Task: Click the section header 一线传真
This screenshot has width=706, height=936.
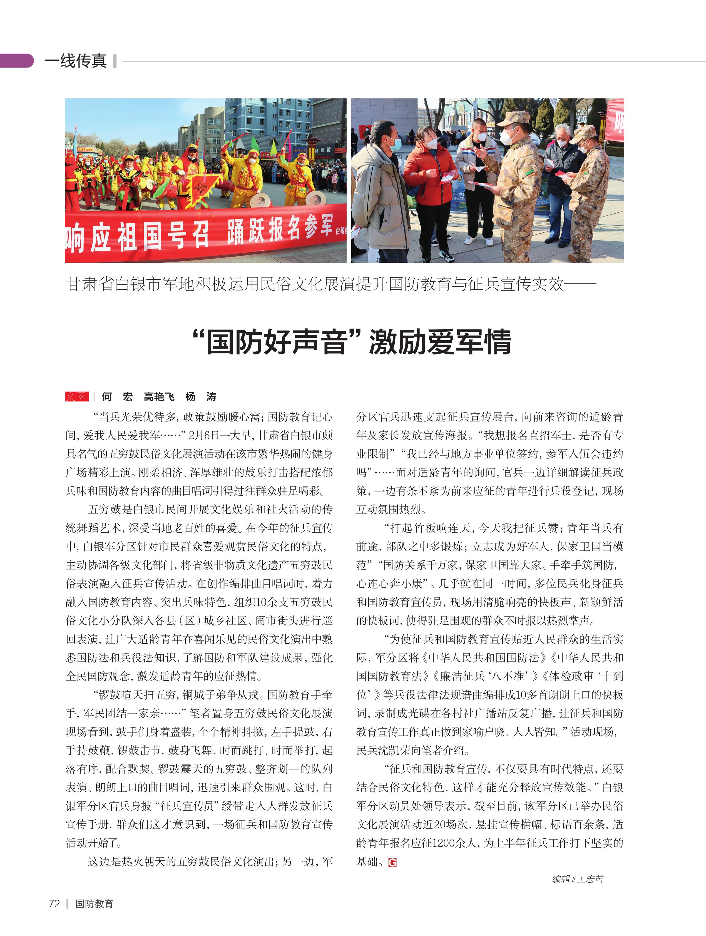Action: [x=75, y=61]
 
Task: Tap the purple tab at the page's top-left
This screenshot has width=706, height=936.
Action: [x=16, y=61]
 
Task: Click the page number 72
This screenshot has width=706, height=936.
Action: [x=54, y=903]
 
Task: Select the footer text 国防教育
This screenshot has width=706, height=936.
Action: [x=94, y=904]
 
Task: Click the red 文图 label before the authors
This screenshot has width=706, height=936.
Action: [x=76, y=396]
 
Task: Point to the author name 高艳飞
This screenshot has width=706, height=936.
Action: [x=159, y=396]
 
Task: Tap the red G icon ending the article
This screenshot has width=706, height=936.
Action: [x=392, y=862]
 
